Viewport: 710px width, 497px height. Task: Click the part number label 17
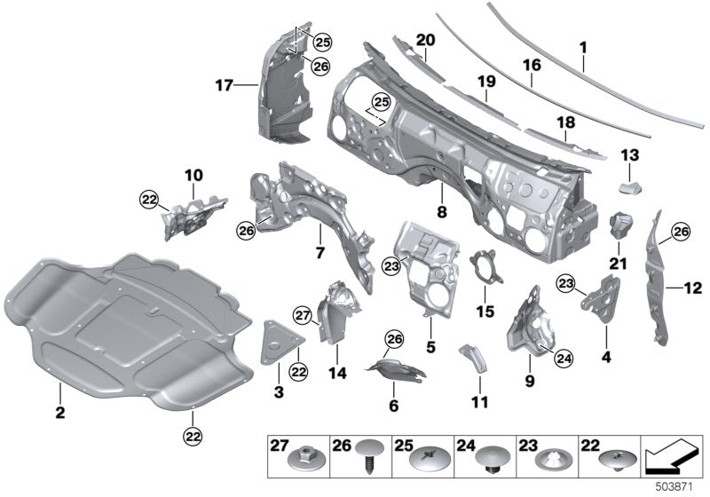coord(223,86)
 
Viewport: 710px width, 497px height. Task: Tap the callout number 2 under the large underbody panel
coord(59,413)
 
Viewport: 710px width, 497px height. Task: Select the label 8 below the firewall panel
coord(442,212)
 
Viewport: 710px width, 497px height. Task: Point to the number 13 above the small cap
coord(629,155)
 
